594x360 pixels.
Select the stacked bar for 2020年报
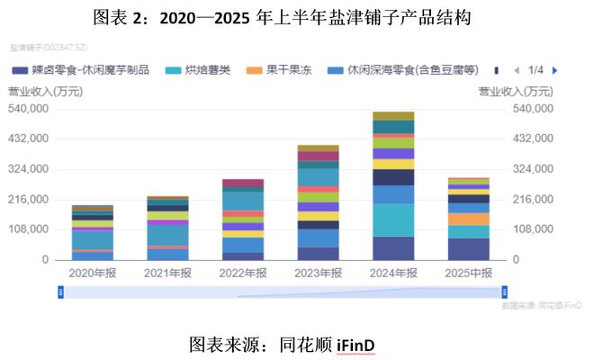93,233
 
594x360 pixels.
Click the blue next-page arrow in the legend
555,69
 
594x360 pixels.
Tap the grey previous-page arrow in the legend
516,69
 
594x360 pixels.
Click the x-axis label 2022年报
242,273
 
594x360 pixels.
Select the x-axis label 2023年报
318,273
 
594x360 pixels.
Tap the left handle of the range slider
61,291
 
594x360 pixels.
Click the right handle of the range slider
504,291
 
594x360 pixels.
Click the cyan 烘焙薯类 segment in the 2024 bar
392,220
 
